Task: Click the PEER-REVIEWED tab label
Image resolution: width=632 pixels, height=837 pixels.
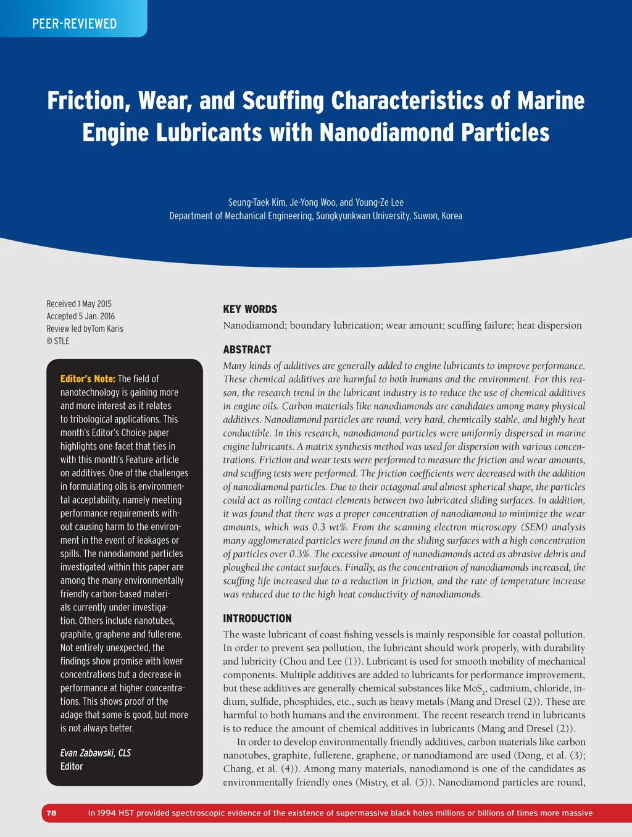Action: (74, 24)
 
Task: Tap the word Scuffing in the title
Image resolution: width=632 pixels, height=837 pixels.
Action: (283, 101)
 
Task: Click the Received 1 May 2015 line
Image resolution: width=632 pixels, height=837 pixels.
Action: (79, 304)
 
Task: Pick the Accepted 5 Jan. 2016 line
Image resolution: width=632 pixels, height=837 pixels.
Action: (81, 316)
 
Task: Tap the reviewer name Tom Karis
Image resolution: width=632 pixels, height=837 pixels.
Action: (107, 329)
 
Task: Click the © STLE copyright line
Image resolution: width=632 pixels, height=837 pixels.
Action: (58, 341)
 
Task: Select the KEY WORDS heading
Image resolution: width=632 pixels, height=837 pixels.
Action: (250, 309)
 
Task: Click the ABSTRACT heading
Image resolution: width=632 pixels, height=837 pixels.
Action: (247, 350)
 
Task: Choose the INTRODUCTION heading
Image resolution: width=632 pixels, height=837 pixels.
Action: (257, 618)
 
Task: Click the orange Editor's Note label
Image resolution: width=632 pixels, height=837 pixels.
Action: (88, 379)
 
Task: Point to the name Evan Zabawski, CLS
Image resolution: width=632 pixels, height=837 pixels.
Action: (96, 753)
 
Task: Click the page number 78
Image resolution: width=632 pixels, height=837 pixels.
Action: (51, 813)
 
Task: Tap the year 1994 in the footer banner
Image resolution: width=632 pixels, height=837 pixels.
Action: (106, 813)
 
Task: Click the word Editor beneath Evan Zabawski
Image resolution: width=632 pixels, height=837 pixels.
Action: (72, 767)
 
